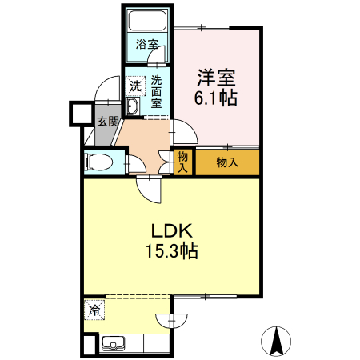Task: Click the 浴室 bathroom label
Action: click(x=146, y=44)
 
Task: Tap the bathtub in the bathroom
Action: click(x=147, y=21)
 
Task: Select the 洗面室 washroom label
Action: click(x=157, y=91)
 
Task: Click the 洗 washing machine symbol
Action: click(x=135, y=85)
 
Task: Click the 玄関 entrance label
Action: click(x=108, y=122)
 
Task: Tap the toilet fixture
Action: click(x=100, y=162)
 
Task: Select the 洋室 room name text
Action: click(x=216, y=79)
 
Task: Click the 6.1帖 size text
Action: click(x=216, y=100)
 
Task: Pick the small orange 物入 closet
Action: click(x=183, y=162)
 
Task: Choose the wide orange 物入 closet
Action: click(x=227, y=162)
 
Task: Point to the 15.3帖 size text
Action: click(x=171, y=251)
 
